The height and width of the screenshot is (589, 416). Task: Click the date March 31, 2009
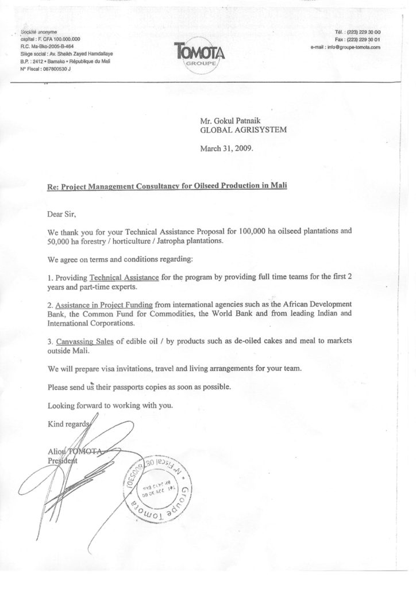pyautogui.click(x=226, y=148)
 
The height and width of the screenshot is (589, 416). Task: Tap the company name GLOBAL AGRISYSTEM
pyautogui.click(x=241, y=131)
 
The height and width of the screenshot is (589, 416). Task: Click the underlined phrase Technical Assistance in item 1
pyautogui.click(x=124, y=278)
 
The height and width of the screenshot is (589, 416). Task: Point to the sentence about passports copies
pyautogui.click(x=140, y=387)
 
